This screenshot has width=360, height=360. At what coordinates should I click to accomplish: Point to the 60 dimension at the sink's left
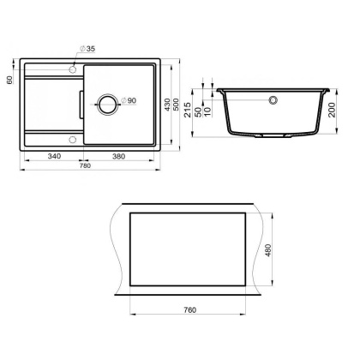(x=9, y=79)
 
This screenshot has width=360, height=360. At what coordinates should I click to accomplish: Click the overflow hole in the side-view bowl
(x=273, y=100)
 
